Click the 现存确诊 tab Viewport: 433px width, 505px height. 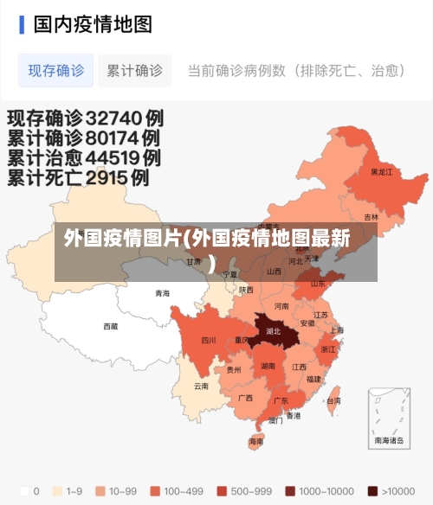point(56,71)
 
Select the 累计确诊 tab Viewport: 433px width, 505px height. point(134,71)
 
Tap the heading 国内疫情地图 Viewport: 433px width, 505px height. point(93,23)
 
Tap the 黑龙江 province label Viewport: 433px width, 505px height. point(381,172)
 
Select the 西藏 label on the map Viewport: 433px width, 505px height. point(111,326)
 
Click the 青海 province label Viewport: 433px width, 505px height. point(162,293)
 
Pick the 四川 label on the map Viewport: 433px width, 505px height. point(209,340)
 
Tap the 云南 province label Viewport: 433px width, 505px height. point(201,386)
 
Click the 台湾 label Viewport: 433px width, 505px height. point(333,401)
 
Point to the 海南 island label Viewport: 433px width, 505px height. point(256,441)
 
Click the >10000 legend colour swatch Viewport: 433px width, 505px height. point(372,490)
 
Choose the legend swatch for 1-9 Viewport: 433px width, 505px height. point(57,490)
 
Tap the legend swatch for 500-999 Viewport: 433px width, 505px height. point(223,490)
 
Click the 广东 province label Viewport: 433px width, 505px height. point(281,401)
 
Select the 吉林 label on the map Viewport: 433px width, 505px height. point(371,217)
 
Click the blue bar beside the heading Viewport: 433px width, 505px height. point(22,23)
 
